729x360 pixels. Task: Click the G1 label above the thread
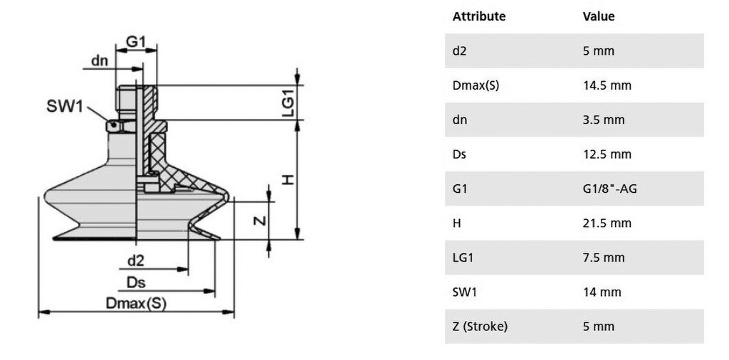pos(136,42)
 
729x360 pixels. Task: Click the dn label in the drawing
pos(100,60)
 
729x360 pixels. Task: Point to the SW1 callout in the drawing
pos(65,107)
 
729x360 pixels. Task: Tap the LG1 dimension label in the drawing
pos(289,103)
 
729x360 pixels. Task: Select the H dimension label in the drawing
pos(289,179)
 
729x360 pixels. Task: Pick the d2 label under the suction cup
pos(136,261)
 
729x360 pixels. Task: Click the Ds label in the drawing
pos(136,282)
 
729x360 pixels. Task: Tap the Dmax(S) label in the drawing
pos(136,304)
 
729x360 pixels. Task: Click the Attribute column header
pos(479,16)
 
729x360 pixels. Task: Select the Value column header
pos(599,16)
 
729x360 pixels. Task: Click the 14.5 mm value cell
pos(607,85)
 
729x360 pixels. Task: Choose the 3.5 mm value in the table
pos(604,120)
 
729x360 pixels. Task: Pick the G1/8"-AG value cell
pos(610,189)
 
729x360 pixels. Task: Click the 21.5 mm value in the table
pos(607,223)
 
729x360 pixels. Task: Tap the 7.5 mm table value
pos(604,258)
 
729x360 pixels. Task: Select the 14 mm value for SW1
pos(602,292)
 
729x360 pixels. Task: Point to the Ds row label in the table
pos(459,154)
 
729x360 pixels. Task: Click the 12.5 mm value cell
pos(607,154)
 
